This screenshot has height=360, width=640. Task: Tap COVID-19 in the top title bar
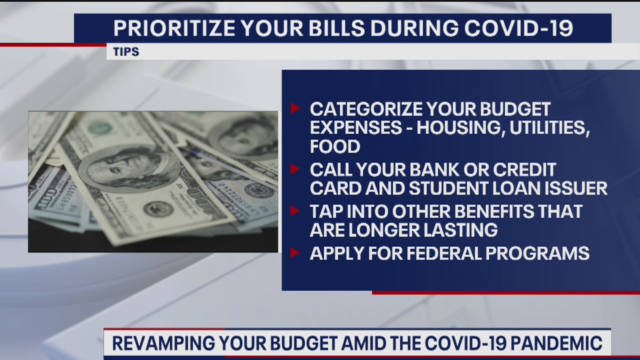518,28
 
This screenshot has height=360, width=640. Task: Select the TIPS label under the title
126,52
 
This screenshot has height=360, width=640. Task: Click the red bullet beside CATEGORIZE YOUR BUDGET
295,108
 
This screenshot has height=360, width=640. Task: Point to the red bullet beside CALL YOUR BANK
295,169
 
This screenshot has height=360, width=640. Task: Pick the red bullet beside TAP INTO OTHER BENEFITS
295,210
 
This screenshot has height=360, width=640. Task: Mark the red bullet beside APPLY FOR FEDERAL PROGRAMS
295,252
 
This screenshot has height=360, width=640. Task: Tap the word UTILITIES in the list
550,128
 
